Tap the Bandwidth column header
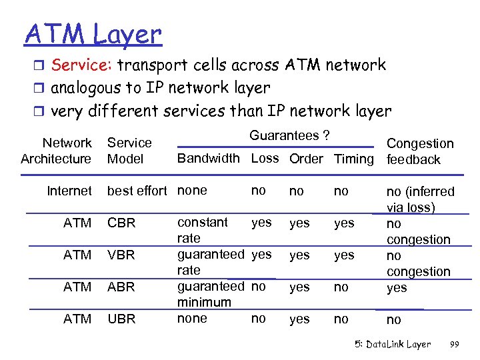pyautogui.click(x=207, y=159)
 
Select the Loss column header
pyautogui.click(x=265, y=159)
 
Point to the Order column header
pyautogui.click(x=306, y=159)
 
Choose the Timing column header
pyautogui.click(x=354, y=159)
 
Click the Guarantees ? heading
pyautogui.click(x=289, y=135)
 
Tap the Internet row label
pyautogui.click(x=69, y=191)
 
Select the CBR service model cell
pyautogui.click(x=121, y=223)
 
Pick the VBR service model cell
pyautogui.click(x=121, y=255)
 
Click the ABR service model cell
pyautogui.click(x=121, y=287)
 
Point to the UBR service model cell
pyautogui.click(x=121, y=319)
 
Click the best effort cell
pyautogui.click(x=137, y=191)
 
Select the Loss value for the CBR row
pyautogui.click(x=261, y=223)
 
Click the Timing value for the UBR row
pyautogui.click(x=341, y=319)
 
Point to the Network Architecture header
pyautogui.click(x=57, y=151)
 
